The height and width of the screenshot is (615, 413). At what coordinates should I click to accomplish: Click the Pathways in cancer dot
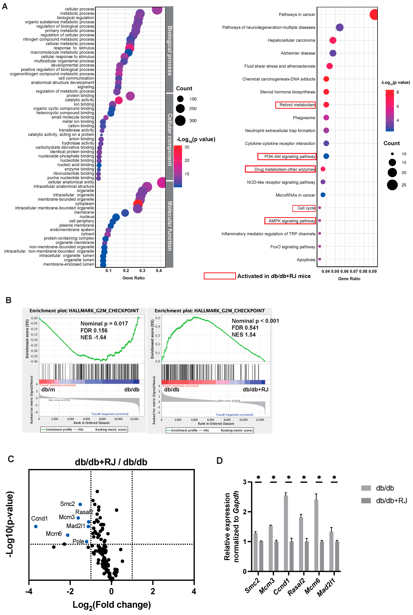click(374, 15)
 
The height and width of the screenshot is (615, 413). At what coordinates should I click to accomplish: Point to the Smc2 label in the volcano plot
click(67, 504)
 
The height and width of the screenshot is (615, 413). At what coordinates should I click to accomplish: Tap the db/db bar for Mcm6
click(316, 535)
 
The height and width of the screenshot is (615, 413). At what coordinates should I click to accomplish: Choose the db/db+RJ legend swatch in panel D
click(366, 500)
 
